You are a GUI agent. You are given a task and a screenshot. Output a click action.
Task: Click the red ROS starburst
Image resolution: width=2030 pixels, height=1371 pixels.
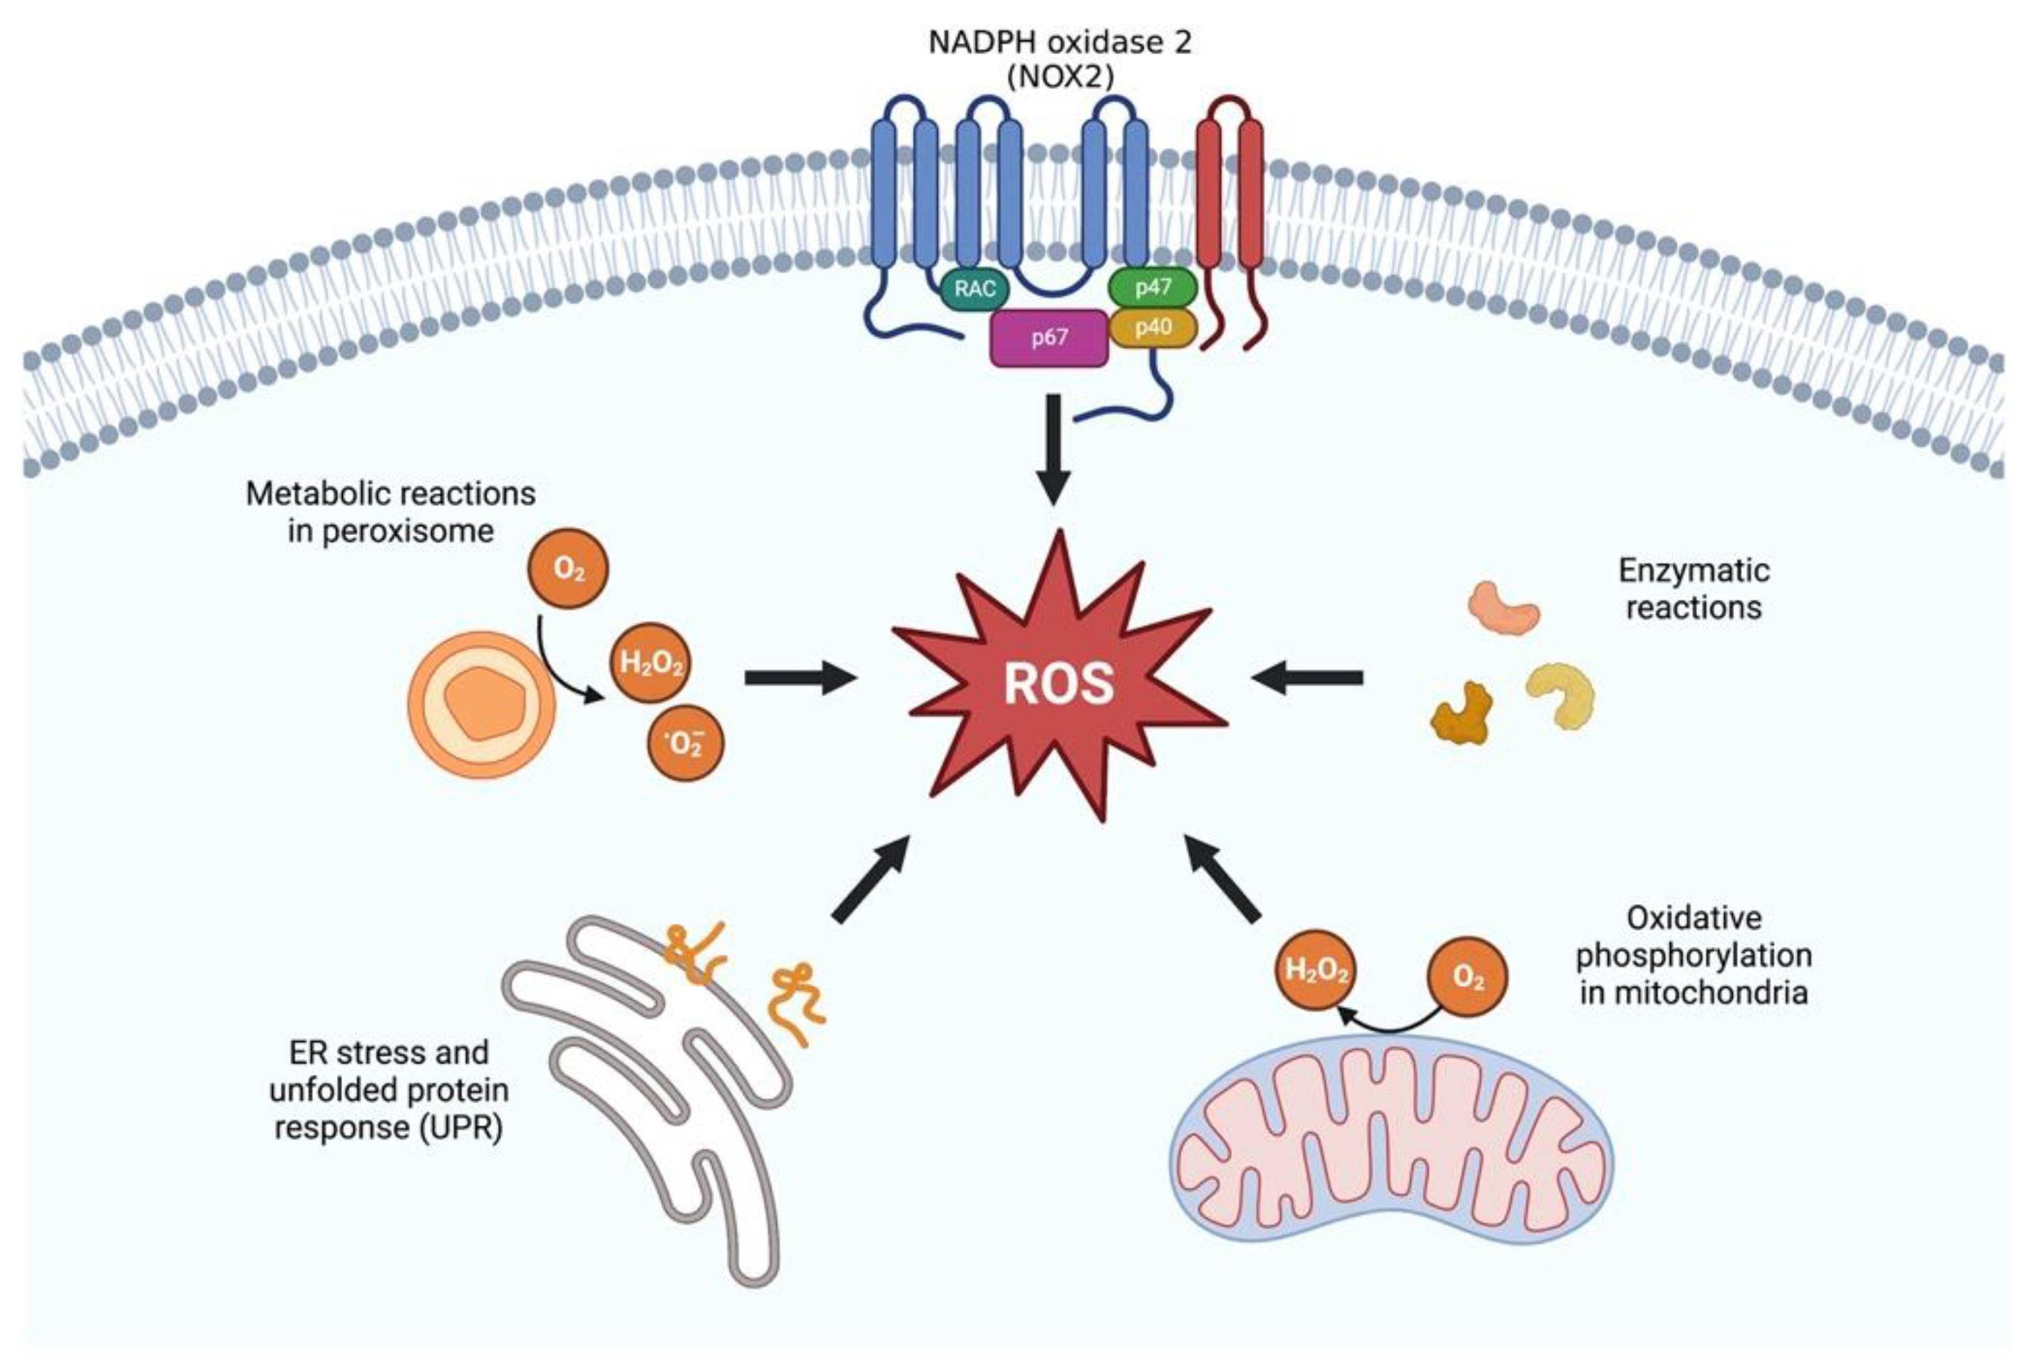tap(1059, 681)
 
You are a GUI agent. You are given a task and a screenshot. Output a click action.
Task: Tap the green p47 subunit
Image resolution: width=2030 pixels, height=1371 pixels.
tap(1152, 287)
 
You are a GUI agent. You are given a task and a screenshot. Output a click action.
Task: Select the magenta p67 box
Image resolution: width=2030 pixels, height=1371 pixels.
tap(1049, 338)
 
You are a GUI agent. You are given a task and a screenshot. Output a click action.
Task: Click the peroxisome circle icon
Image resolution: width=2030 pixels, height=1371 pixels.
tap(481, 703)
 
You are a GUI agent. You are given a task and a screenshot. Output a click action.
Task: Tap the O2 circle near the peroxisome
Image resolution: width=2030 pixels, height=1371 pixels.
tap(568, 569)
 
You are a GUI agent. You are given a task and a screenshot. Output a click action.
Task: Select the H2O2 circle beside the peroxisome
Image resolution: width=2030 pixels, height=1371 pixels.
tap(651, 663)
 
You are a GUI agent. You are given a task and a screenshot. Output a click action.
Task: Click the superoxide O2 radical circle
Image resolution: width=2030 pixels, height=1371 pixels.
tap(685, 743)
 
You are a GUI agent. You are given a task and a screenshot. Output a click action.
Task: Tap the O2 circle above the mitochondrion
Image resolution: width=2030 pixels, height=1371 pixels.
tap(1468, 976)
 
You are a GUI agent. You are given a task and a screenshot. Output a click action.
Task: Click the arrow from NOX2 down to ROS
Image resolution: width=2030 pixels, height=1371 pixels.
tap(1053, 450)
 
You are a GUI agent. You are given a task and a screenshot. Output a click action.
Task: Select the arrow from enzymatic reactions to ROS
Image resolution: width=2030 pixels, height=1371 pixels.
tap(1307, 677)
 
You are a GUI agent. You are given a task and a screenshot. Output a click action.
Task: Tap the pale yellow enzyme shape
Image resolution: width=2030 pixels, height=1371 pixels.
tap(1560, 695)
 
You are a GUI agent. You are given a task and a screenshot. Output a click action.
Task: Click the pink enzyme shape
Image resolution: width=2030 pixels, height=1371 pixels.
tap(1503, 608)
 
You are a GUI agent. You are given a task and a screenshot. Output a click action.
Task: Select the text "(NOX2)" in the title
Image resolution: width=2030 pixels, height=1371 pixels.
tap(1059, 78)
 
